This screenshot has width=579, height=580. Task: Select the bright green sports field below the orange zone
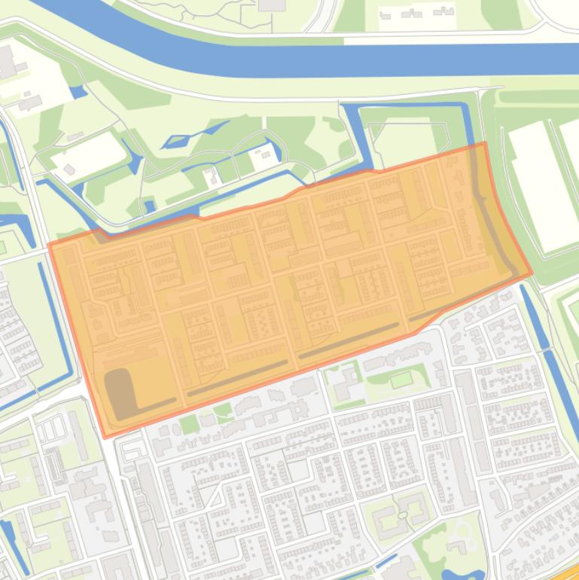tap(401, 378)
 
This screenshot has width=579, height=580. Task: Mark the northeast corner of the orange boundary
tap(484, 142)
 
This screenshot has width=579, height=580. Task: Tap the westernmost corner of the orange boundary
tap(49, 243)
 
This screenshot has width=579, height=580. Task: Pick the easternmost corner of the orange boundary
tap(532, 273)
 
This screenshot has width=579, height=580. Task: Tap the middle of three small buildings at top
tap(413, 14)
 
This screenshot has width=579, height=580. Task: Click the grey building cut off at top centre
tap(272, 5)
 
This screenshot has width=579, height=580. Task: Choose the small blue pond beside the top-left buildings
tap(77, 93)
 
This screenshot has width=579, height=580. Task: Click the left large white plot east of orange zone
tap(542, 185)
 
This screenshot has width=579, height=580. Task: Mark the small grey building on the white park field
tap(70, 170)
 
